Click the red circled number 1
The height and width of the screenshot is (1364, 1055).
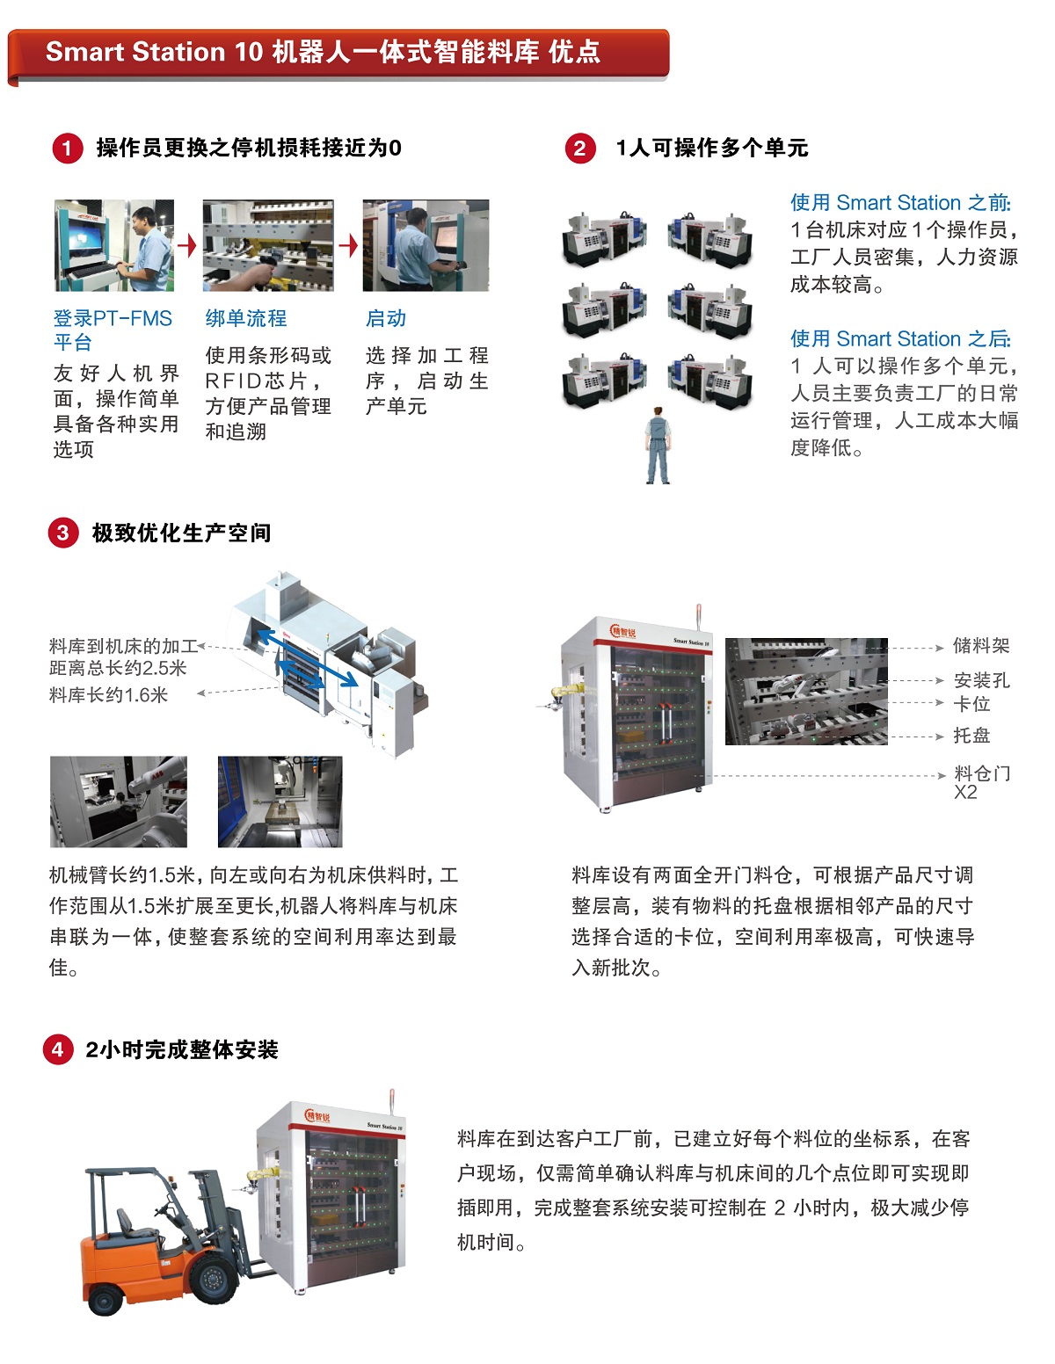[x=67, y=149]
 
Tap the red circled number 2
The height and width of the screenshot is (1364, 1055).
[x=580, y=149]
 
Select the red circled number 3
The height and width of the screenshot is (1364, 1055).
[x=62, y=533]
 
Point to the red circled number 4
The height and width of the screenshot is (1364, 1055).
[x=58, y=1049]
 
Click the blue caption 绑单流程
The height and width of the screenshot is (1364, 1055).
[x=246, y=318]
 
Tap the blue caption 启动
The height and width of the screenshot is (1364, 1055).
[x=386, y=318]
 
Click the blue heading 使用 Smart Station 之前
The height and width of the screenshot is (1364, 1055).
[x=900, y=203]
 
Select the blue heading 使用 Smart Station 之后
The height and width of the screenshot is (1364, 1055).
[x=900, y=339]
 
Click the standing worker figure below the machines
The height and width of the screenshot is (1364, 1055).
[x=657, y=445]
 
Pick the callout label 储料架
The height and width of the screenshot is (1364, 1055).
[x=981, y=645]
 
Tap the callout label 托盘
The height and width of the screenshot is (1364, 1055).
[x=971, y=735]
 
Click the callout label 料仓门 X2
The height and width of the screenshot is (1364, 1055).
[x=982, y=782]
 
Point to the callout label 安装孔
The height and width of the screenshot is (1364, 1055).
[x=981, y=680]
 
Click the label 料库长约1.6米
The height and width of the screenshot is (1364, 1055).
[x=108, y=695]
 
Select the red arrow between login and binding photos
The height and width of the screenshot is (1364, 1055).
[x=187, y=245]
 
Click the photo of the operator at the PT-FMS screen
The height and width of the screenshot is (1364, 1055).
[x=114, y=245]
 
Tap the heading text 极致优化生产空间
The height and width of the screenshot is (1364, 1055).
[x=181, y=533]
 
